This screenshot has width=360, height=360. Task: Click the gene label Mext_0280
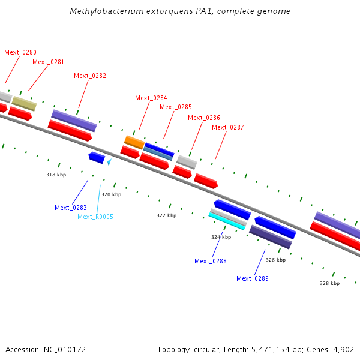(x=20, y=52)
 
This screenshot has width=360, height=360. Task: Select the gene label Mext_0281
(x=49, y=62)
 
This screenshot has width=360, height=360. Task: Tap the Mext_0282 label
(x=90, y=76)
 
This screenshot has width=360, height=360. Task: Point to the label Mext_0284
(x=151, y=98)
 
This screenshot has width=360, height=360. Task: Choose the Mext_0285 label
(x=176, y=107)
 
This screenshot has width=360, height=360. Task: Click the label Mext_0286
(x=204, y=118)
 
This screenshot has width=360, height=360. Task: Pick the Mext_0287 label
(x=228, y=127)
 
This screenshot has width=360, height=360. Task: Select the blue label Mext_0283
(x=71, y=208)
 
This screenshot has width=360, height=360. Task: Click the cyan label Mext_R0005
(x=95, y=217)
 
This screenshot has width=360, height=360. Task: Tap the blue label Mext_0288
(x=211, y=261)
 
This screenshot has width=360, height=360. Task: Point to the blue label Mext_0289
(x=253, y=278)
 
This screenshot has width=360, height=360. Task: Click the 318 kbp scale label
(x=56, y=175)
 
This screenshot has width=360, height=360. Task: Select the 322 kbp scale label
(x=167, y=215)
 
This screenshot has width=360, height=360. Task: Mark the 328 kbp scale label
(x=329, y=283)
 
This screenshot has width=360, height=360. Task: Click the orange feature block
(x=134, y=142)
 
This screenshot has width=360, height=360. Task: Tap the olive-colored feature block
(x=24, y=103)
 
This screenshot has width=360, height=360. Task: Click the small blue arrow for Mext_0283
(x=96, y=157)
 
